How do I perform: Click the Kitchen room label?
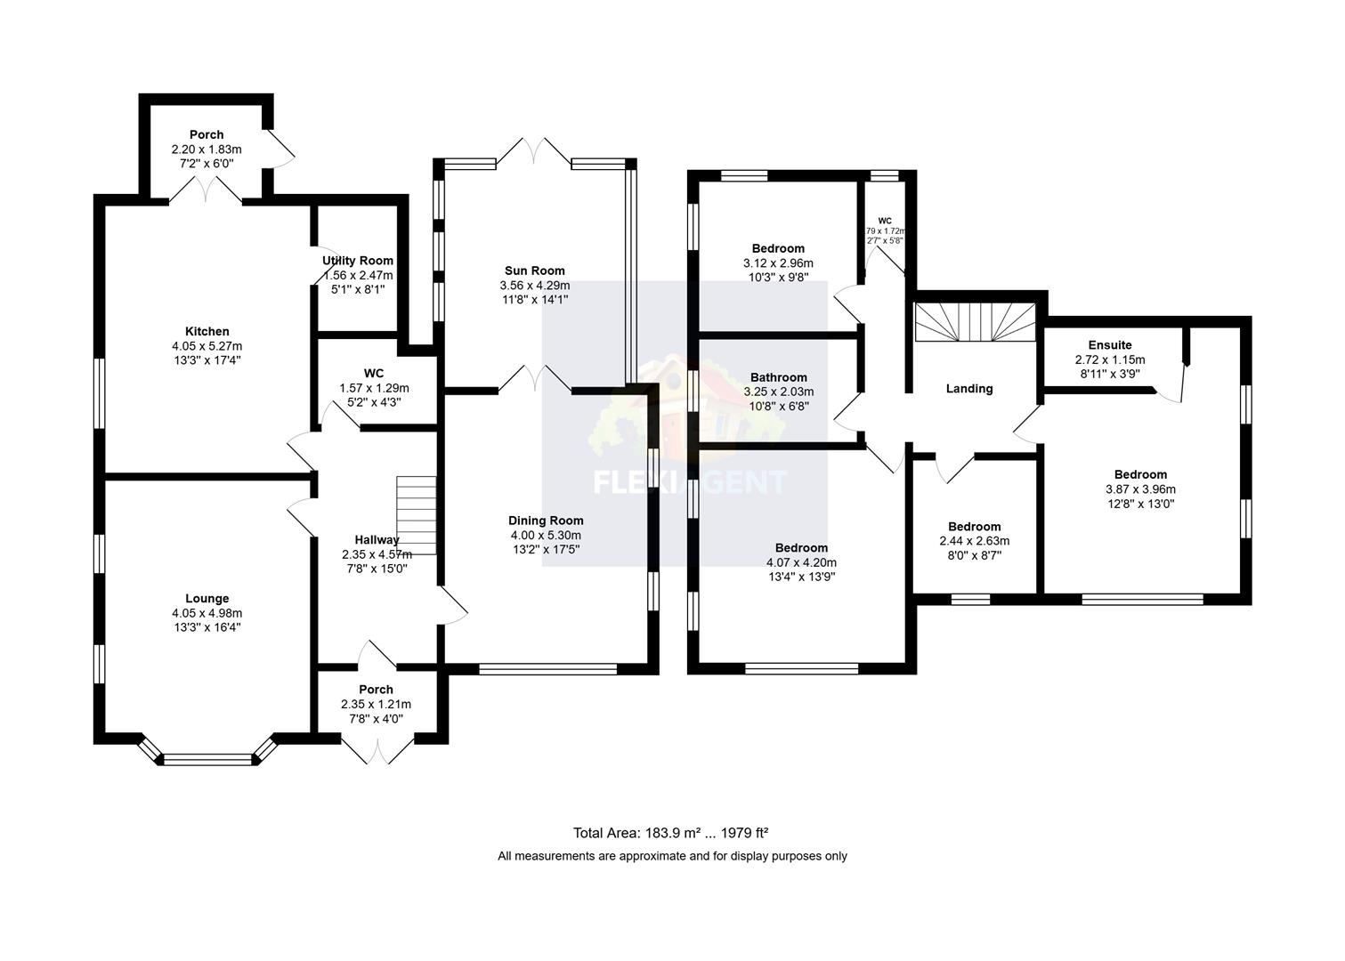(x=207, y=331)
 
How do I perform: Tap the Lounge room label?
(x=207, y=599)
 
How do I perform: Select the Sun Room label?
(x=534, y=271)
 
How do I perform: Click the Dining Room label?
(x=546, y=521)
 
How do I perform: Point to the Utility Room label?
(x=358, y=261)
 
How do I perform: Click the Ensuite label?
(x=1109, y=345)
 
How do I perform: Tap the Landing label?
(x=968, y=389)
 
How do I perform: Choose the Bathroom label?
(x=778, y=377)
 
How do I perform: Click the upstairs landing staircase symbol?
(x=976, y=322)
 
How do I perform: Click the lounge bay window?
(x=207, y=758)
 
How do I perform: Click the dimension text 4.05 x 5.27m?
(x=207, y=346)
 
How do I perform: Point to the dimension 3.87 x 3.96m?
(x=1140, y=489)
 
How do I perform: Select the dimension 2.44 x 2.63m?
(x=974, y=541)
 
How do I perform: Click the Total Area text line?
(x=670, y=834)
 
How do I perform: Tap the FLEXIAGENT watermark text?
(x=690, y=482)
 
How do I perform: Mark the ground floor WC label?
(x=374, y=374)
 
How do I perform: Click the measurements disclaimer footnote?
(x=672, y=856)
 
